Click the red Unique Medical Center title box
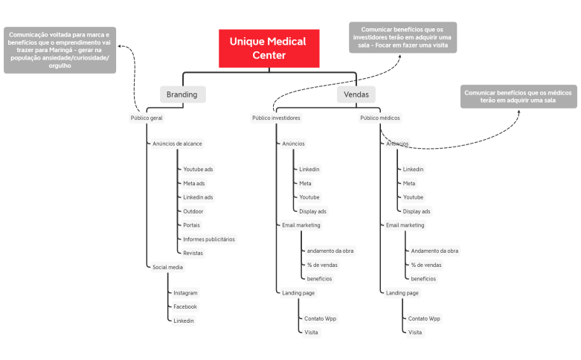coord(269,48)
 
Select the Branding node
coord(183,94)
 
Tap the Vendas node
coord(356,94)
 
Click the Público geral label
coord(147,118)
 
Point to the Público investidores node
coord(276,118)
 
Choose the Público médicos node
coord(380,118)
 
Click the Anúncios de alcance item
coord(177,144)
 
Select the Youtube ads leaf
coord(198,170)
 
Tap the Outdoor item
coord(193,211)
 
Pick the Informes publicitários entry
coord(209,240)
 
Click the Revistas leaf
coord(193,253)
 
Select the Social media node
coord(167,267)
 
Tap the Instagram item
coord(185,293)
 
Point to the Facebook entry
coord(185,306)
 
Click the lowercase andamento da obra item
coord(330,251)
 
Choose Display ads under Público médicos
coord(417,211)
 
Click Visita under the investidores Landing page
coord(311,332)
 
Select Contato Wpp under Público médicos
coord(424,318)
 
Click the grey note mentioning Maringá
coord(60,50)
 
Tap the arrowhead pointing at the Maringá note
coord(120,46)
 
